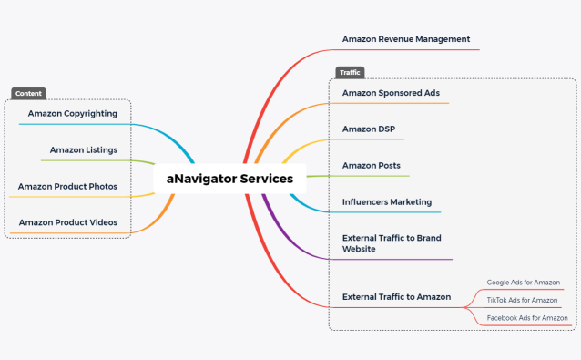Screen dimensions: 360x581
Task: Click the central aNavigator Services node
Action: click(229, 179)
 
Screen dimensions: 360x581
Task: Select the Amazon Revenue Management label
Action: click(406, 39)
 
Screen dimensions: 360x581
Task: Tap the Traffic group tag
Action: click(350, 72)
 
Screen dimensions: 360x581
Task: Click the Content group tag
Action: click(28, 93)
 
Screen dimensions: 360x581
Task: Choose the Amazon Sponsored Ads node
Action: click(391, 93)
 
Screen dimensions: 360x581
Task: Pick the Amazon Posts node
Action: click(371, 166)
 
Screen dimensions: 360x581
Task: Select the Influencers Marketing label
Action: click(387, 202)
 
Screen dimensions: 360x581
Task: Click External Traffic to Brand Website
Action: click(392, 243)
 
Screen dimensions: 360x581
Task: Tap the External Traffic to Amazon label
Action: click(396, 297)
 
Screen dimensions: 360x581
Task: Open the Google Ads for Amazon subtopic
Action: click(523, 283)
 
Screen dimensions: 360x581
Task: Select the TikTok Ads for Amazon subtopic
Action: click(522, 300)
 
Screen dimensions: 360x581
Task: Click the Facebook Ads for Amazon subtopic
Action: click(527, 317)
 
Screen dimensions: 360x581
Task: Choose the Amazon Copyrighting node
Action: click(72, 114)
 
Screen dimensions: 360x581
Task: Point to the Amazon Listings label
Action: click(83, 150)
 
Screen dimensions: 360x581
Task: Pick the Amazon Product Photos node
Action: click(67, 187)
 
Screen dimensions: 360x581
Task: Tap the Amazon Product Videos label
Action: click(67, 222)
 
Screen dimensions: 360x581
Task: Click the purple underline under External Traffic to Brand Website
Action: click(401, 260)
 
